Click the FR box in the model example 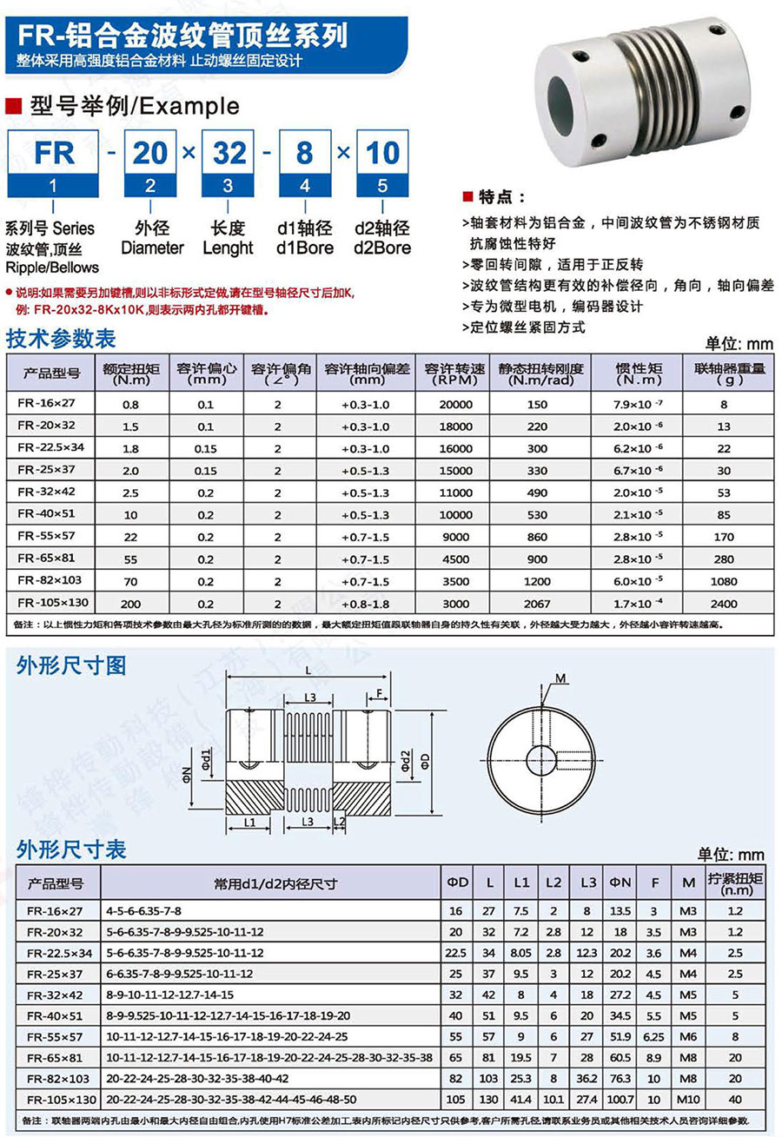54,154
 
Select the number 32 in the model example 230,154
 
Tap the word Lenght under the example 227,248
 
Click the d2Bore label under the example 382,248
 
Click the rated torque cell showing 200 130,603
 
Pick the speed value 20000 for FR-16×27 455,405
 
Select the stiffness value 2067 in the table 537,603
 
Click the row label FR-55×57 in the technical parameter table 53,537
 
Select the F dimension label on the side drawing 380,693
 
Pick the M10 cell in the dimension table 688,1100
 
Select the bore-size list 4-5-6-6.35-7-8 144,911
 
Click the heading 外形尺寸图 71,666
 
